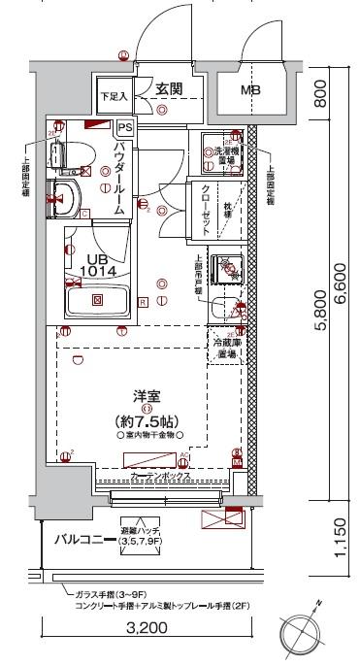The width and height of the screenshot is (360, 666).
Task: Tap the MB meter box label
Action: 251,90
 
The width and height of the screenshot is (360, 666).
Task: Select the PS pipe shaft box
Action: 124,126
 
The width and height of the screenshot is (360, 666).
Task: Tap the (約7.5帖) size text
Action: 147,421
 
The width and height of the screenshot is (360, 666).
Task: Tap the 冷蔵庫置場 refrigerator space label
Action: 229,349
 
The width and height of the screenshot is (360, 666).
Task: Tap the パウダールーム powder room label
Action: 117,177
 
